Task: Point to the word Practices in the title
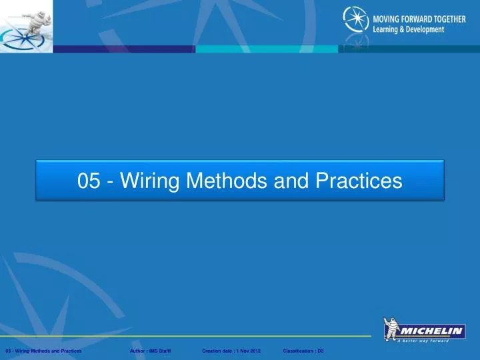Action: coord(360,181)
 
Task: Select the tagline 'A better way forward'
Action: coord(431,341)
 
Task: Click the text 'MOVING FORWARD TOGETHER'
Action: coord(419,19)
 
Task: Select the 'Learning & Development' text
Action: coord(408,30)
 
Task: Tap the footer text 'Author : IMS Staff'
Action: coord(151,351)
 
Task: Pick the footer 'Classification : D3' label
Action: coord(303,351)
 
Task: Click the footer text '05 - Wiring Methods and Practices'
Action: coord(43,351)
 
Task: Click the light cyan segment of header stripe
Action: coord(267,49)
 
